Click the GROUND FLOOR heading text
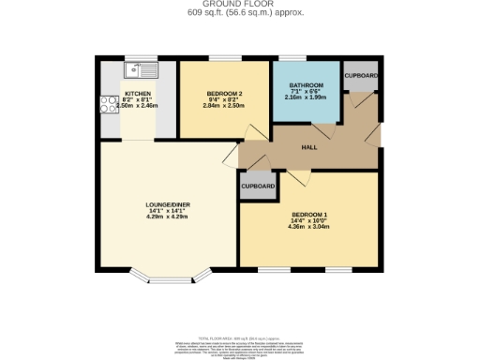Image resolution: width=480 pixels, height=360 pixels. click(240, 4)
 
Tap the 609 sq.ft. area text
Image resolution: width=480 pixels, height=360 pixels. click(240, 13)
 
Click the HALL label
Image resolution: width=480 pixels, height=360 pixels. click(307, 148)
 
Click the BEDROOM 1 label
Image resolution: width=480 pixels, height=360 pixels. click(308, 214)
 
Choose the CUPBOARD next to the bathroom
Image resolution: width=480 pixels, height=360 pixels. click(361, 75)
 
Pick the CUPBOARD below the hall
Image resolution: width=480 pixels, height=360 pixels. click(258, 187)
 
